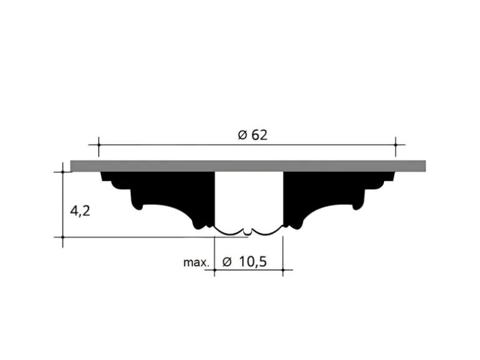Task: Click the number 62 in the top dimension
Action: tap(259, 135)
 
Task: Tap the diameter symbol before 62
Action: tap(242, 135)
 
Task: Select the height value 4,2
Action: tap(80, 211)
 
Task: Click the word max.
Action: tap(196, 262)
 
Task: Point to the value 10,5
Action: tap(252, 262)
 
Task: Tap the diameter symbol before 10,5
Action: tap(227, 262)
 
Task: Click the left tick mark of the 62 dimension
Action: tap(98, 144)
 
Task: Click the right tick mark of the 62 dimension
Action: tap(395, 144)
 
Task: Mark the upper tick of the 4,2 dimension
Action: tap(63, 172)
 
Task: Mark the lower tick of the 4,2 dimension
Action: tap(63, 237)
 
